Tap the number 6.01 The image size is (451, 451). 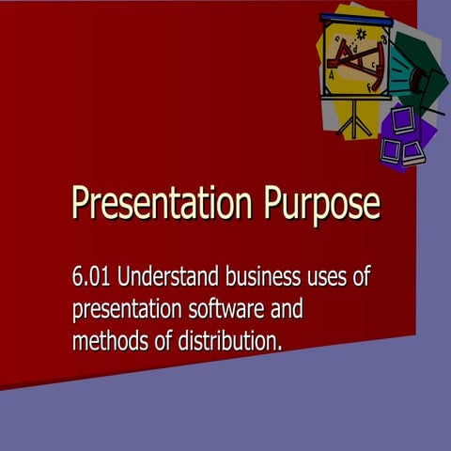tap(91, 277)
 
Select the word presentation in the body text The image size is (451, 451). tap(127, 309)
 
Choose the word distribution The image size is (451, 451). tap(227, 339)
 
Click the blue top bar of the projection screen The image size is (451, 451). tap(355, 18)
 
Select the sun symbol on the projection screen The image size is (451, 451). tap(361, 35)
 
